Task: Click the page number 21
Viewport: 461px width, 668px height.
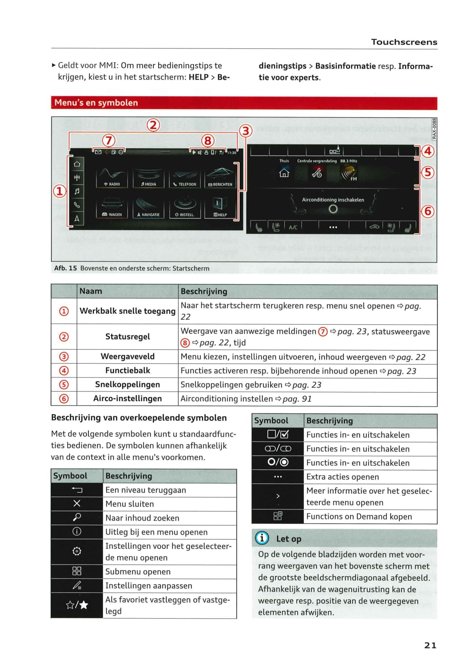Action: (x=430, y=645)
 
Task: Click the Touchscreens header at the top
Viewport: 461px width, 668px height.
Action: (x=404, y=42)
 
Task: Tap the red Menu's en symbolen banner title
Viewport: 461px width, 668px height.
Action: (x=96, y=103)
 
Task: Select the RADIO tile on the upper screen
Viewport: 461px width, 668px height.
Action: (x=112, y=177)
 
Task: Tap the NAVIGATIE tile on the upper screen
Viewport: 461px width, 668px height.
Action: (x=148, y=208)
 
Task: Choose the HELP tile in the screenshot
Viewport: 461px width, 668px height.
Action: (x=220, y=208)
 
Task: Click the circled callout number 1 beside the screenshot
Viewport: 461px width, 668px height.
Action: (x=59, y=191)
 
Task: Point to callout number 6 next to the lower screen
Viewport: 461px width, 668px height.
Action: (x=427, y=211)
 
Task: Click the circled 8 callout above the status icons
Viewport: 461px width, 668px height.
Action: (x=207, y=141)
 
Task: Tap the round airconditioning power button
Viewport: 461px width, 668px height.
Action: (x=333, y=209)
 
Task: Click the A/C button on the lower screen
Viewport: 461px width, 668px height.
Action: (x=293, y=227)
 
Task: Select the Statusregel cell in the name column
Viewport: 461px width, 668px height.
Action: (x=128, y=337)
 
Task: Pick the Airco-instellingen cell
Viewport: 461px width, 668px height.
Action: (x=128, y=399)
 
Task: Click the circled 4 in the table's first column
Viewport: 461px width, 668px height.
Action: (x=64, y=371)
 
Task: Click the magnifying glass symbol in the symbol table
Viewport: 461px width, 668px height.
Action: (x=77, y=517)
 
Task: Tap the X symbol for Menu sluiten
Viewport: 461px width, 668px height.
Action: (x=77, y=503)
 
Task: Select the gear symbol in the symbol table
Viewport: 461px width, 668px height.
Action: (x=77, y=551)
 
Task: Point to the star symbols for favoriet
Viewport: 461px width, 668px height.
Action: (x=77, y=605)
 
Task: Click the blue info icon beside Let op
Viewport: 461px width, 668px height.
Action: (x=262, y=538)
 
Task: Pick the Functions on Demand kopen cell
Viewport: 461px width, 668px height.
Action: (x=359, y=517)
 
